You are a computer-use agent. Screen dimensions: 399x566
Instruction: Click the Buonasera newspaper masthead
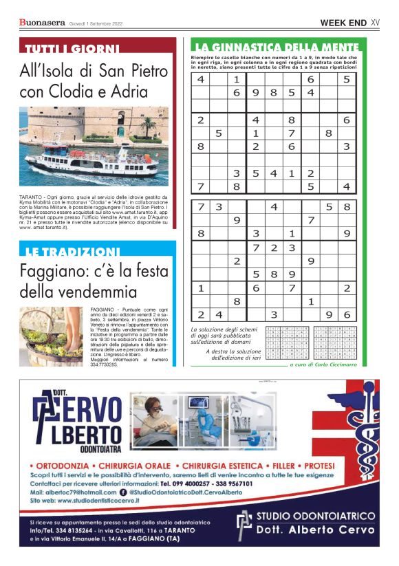tap(43, 23)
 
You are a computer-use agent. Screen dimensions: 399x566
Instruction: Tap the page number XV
tap(375, 23)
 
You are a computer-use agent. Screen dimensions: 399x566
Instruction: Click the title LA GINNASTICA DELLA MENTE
tap(274, 47)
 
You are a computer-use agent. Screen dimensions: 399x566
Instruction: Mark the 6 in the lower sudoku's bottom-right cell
tap(347, 314)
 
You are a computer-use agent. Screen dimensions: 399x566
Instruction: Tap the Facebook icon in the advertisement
tap(123, 492)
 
